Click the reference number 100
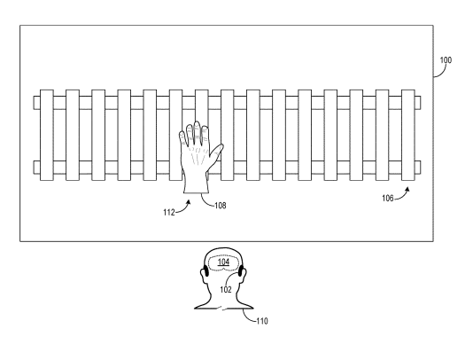click(x=446, y=60)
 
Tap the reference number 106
click(x=388, y=198)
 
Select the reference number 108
click(x=221, y=206)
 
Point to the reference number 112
click(x=169, y=213)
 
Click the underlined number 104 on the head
click(x=223, y=262)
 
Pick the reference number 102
click(x=225, y=290)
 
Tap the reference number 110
click(x=262, y=321)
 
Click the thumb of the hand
click(x=217, y=153)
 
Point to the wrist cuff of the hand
click(x=197, y=185)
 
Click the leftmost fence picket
click(x=47, y=135)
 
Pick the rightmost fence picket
click(x=408, y=135)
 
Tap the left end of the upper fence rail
click(x=34, y=103)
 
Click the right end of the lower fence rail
click(x=420, y=168)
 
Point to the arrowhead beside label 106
click(x=407, y=190)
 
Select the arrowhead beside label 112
click(x=189, y=203)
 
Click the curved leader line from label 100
click(x=442, y=72)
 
